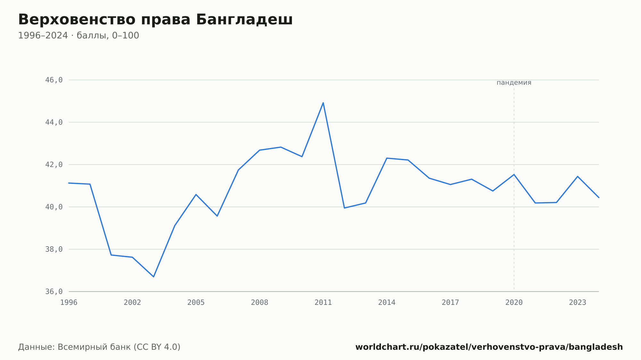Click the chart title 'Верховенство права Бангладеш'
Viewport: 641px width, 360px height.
coord(155,20)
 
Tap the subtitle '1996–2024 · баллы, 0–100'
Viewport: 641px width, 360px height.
coord(79,36)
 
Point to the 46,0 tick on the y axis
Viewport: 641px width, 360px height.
coord(54,80)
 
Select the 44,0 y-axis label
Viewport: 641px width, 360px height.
coord(54,122)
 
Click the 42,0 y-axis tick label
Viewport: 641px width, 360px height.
coord(54,165)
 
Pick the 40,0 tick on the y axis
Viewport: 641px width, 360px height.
coord(54,207)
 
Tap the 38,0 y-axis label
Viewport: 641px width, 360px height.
coord(54,249)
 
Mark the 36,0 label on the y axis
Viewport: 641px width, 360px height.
coord(54,291)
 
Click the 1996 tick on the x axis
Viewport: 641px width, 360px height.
coord(69,303)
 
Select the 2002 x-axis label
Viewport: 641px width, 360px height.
coord(132,303)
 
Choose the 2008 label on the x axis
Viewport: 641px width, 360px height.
coord(260,303)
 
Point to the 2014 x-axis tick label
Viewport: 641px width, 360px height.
coord(387,303)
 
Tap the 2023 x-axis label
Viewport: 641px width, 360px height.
coord(578,303)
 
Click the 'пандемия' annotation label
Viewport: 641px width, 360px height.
coord(514,83)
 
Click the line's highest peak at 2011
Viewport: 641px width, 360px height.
coord(323,102)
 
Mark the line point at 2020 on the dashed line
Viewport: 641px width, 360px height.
coord(514,175)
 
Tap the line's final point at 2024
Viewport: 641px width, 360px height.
coord(599,198)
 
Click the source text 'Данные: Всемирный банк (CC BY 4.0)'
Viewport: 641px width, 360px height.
coord(99,347)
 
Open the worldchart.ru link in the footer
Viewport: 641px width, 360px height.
coord(489,347)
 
